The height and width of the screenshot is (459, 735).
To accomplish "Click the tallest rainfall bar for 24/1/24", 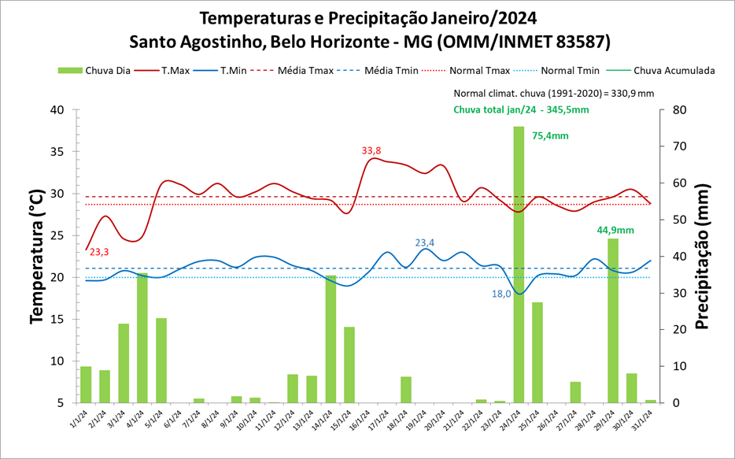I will click(519, 264).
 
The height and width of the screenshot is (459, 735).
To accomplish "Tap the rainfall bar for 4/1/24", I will click(142, 338).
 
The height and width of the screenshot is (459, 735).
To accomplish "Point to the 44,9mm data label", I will click(615, 230).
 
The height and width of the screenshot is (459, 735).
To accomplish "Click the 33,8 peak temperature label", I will click(371, 150).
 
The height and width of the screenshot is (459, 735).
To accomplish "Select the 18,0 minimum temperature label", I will click(502, 294).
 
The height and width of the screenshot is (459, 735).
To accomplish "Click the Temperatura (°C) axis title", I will click(36, 257).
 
